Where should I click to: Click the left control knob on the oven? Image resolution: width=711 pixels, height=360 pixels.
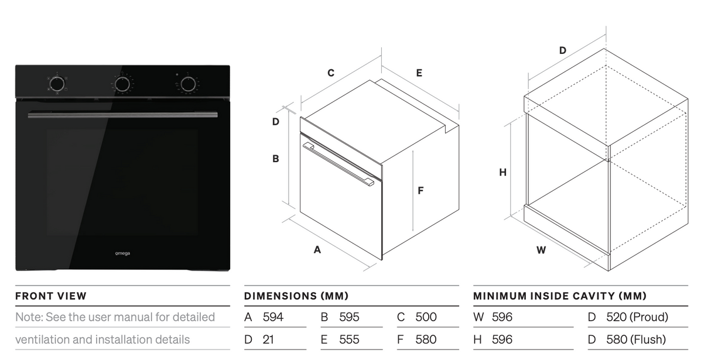[57, 84]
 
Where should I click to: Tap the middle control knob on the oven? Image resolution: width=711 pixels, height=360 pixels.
[122, 84]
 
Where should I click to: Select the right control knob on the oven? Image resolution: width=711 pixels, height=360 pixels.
[187, 84]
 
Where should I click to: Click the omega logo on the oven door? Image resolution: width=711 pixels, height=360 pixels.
[122, 253]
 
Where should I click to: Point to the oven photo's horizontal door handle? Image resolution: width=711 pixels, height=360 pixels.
[122, 115]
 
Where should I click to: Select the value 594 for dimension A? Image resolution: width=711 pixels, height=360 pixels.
[273, 317]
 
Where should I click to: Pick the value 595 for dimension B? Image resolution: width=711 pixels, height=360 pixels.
[349, 317]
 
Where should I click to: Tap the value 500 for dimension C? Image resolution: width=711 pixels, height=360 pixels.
[426, 317]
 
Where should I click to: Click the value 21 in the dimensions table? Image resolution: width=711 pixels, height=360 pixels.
[268, 340]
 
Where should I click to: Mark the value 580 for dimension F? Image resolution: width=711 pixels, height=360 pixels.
[426, 340]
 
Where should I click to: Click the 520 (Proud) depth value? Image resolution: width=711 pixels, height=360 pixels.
[637, 317]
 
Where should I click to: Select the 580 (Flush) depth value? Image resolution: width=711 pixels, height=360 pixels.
[636, 340]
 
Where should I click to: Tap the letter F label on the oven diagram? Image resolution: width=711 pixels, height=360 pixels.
[421, 190]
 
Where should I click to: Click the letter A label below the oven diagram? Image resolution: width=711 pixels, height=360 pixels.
[317, 249]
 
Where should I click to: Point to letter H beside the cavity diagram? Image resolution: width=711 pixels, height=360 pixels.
[503, 173]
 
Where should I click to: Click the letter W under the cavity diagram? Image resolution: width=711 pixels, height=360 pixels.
[541, 250]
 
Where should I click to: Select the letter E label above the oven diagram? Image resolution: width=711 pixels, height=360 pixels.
[419, 73]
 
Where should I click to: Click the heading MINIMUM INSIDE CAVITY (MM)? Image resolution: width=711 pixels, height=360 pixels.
[560, 296]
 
